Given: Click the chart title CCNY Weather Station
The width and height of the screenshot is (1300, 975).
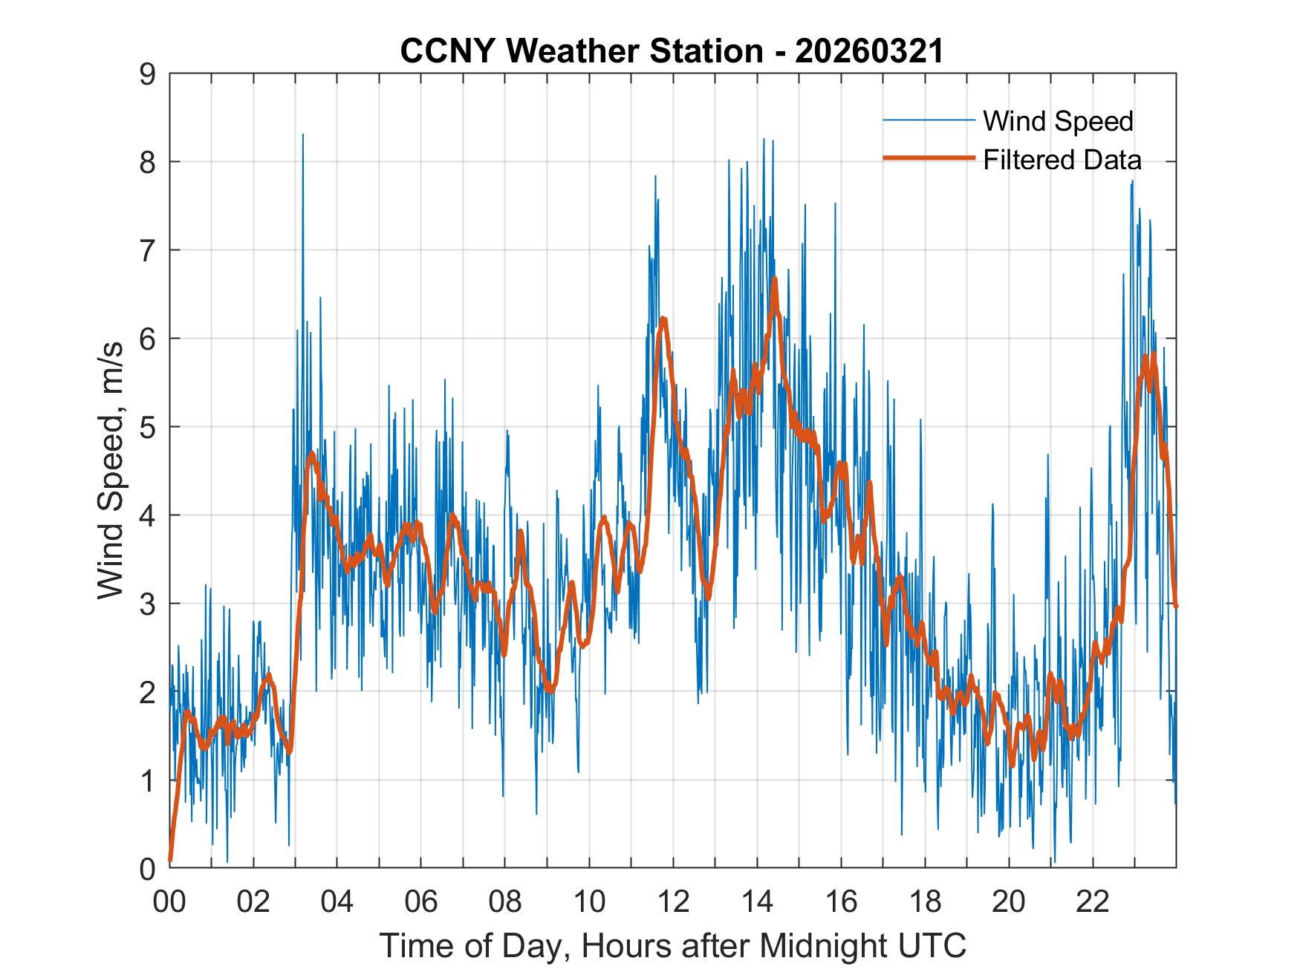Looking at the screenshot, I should [582, 51].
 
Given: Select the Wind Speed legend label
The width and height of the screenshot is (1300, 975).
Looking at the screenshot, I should [1058, 121].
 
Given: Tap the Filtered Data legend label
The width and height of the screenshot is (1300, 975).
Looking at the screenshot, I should [1062, 160].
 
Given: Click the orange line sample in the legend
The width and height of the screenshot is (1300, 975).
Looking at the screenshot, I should [929, 159].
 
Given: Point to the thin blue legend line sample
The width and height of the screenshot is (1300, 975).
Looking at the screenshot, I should [929, 120].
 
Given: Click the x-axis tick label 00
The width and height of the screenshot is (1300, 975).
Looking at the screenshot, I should [169, 902].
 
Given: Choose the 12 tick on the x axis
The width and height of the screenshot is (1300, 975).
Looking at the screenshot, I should [673, 902].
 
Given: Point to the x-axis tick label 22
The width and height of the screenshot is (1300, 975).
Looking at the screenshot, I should [1093, 902].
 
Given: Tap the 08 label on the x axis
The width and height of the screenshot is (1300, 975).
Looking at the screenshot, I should [505, 902].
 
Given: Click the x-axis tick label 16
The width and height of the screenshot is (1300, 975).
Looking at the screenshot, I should [841, 902].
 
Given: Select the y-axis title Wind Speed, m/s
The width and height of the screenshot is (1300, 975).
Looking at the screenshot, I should [111, 471].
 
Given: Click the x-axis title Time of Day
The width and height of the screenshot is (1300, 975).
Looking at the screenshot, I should [673, 946].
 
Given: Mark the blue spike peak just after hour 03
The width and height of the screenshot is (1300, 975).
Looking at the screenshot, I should [303, 135].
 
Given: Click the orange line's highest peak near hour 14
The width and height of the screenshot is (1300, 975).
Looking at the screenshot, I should [774, 279].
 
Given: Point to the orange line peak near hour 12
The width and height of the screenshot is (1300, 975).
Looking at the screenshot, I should [663, 319].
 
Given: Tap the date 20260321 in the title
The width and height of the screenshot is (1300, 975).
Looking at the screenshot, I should [868, 51].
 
